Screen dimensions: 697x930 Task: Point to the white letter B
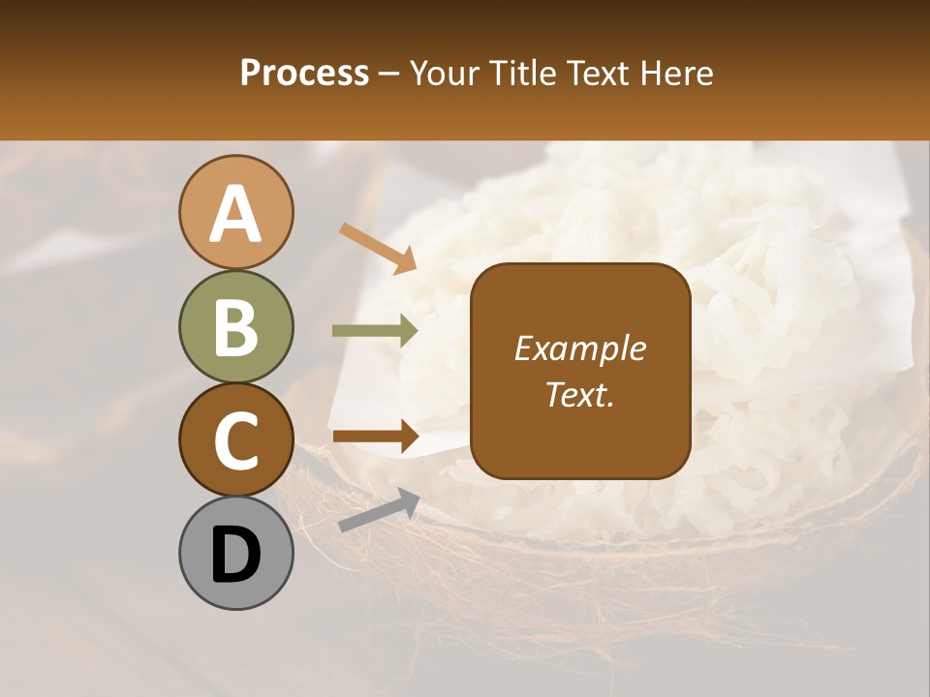(236, 327)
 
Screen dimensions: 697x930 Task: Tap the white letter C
(236, 440)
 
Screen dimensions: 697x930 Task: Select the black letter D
(236, 555)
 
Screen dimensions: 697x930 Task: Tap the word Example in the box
(580, 348)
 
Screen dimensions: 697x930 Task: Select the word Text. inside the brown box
(580, 395)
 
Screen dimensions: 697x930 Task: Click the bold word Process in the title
(304, 73)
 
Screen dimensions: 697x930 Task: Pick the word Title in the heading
(524, 73)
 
